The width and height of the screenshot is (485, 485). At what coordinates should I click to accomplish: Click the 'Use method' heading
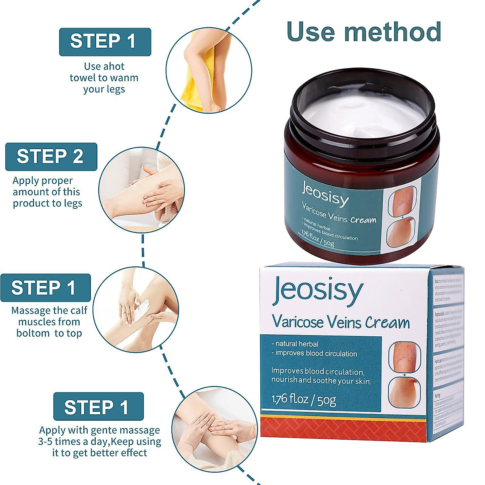[363, 32]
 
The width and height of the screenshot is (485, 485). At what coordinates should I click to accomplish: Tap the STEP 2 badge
[51, 156]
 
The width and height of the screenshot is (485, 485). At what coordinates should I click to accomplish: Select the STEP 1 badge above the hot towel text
[105, 42]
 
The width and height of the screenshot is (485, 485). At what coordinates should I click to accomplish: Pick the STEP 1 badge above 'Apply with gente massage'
[98, 407]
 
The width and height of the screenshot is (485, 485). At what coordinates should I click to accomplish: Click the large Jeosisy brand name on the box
[318, 291]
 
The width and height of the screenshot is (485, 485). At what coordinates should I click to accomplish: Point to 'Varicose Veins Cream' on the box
[341, 322]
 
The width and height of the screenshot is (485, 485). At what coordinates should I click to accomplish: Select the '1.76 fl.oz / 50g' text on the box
[304, 400]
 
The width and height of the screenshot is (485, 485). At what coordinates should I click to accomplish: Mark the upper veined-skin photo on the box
[404, 356]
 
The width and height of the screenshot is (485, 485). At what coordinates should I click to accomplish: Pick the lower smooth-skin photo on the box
[404, 392]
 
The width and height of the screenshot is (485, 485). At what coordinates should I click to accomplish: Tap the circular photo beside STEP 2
[141, 190]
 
